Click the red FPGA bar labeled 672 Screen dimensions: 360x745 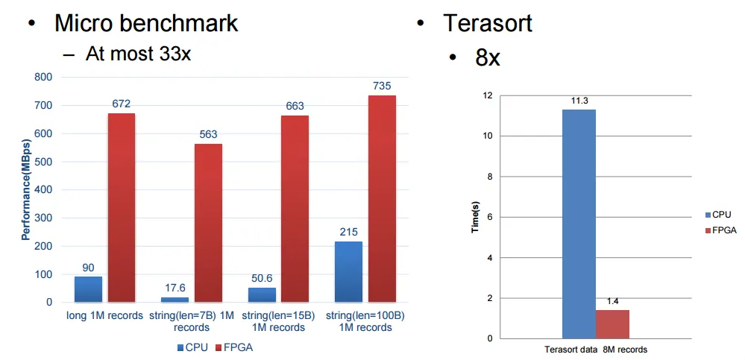tap(122, 208)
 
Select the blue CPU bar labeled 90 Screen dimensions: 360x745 tap(88, 289)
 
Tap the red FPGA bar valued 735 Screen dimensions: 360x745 tap(382, 199)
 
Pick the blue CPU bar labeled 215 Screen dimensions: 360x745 tap(348, 272)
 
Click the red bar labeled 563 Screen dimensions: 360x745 tap(208, 223)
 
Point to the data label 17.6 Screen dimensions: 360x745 tap(175, 287)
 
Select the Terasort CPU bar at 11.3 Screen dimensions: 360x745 tap(579, 224)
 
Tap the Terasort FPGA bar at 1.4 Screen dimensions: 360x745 tap(612, 324)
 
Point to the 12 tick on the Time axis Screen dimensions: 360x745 tap(488, 95)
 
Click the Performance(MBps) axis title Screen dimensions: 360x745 tap(25, 189)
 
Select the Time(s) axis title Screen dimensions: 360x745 tap(474, 217)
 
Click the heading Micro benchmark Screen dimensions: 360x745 tap(146, 22)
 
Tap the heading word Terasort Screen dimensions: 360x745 tap(488, 22)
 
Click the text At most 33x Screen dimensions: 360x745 tap(139, 54)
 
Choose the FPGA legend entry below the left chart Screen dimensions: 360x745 tap(234, 347)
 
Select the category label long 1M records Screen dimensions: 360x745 tap(104, 316)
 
